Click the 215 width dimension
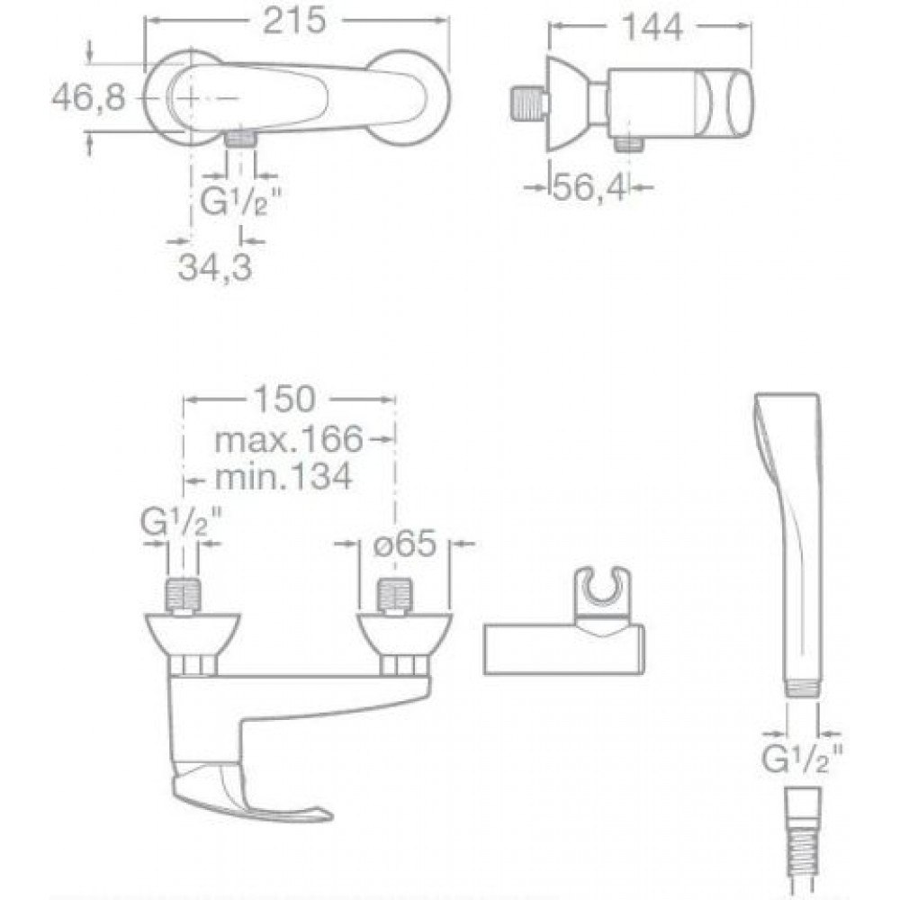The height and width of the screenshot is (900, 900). click(294, 22)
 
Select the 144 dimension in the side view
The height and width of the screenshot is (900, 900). click(652, 26)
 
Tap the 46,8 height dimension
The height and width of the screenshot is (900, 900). click(88, 97)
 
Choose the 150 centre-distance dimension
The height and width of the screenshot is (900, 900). click(284, 399)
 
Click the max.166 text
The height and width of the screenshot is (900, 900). click(289, 440)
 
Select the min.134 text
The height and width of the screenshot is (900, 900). click(283, 476)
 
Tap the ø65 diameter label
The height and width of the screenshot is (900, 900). click(405, 543)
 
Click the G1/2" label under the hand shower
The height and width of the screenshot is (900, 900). click(802, 759)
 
